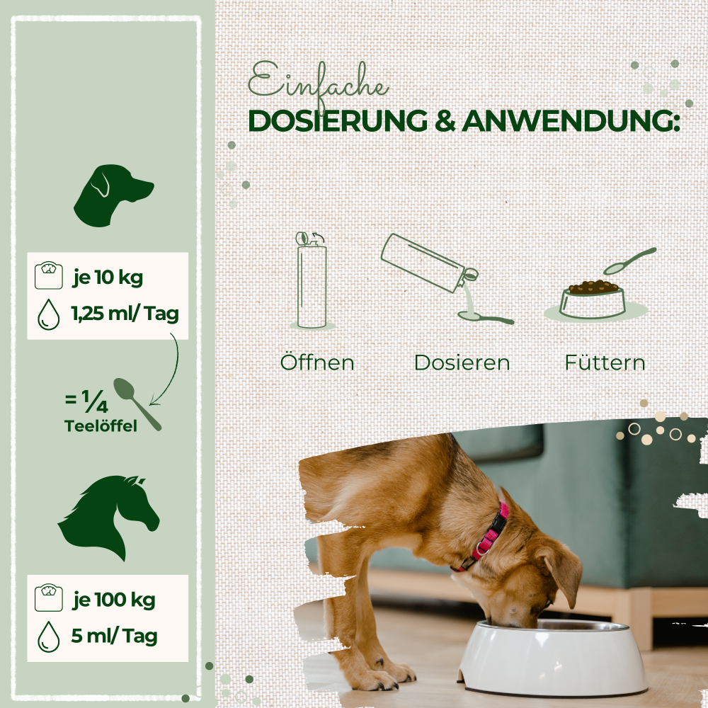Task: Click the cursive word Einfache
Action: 318,84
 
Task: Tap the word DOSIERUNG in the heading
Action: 338,121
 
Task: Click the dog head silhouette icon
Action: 113,195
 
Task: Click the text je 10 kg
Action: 108,278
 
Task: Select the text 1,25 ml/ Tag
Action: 125,313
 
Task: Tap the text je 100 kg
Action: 114,600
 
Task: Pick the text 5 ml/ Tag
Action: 114,636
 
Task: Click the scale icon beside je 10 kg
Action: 48,275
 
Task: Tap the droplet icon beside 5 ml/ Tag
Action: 48,636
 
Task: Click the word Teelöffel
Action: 101,426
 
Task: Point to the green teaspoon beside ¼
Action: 137,404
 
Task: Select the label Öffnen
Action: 317,362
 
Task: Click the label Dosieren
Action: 462,362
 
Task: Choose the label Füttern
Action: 605,362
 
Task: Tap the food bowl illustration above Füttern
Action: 593,299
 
